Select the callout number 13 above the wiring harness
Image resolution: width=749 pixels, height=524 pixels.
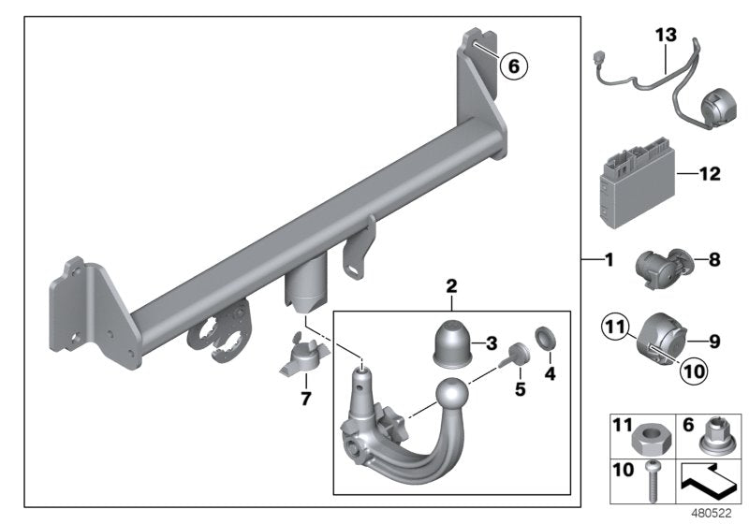(x=665, y=35)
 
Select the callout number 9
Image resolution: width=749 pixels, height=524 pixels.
(x=714, y=342)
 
